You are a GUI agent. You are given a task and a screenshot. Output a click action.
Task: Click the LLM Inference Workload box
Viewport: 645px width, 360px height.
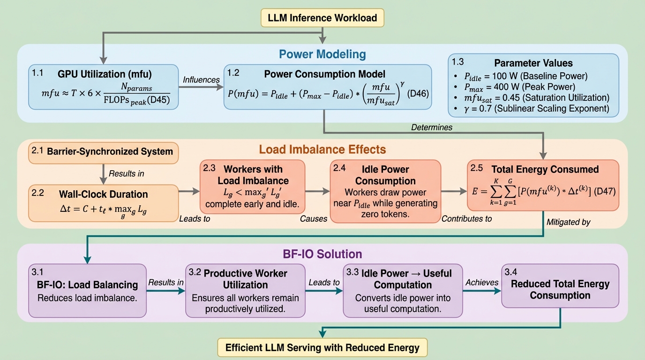[x=322, y=18]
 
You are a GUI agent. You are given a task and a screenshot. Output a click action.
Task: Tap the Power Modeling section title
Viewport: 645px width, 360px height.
[x=322, y=54]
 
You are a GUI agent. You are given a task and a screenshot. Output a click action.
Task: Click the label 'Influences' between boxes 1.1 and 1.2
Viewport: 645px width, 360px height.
[x=202, y=80]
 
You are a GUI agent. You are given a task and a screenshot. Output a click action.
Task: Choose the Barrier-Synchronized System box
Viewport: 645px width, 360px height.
[x=103, y=151]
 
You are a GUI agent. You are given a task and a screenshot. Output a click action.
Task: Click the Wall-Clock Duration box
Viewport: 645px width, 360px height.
[x=103, y=203]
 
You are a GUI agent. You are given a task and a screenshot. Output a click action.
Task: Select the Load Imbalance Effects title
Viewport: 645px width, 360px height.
[x=322, y=150]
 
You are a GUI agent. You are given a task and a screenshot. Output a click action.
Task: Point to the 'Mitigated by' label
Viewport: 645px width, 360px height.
[x=568, y=223]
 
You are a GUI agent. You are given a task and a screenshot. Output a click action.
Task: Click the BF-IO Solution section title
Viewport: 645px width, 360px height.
[x=322, y=254]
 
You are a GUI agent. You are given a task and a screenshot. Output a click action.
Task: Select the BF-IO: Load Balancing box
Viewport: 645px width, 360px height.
[x=87, y=291]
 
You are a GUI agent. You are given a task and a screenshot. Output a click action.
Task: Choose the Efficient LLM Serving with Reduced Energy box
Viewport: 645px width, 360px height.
[x=322, y=348]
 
